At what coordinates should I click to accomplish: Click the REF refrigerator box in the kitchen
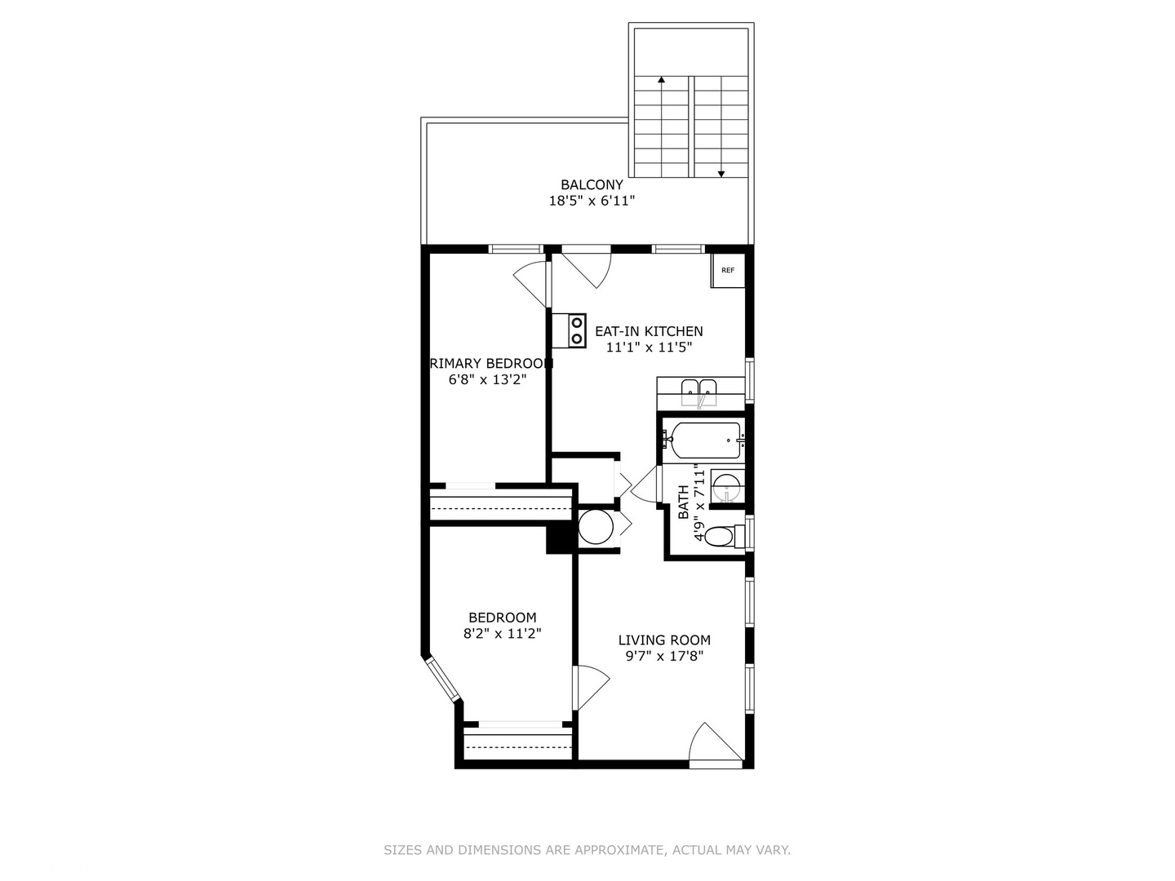(x=727, y=271)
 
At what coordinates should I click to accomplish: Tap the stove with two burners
(x=569, y=330)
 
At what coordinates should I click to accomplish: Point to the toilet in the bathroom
(x=722, y=536)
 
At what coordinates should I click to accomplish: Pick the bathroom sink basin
(x=725, y=488)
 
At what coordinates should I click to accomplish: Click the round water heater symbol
(x=596, y=527)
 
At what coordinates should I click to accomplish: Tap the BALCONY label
(x=592, y=185)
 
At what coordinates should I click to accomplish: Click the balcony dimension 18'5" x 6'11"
(x=592, y=201)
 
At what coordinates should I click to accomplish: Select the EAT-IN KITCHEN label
(x=649, y=331)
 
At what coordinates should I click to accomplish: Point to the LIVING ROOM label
(x=664, y=640)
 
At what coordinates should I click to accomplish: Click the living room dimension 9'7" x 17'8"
(x=664, y=656)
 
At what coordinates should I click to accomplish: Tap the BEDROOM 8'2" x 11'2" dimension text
(x=502, y=633)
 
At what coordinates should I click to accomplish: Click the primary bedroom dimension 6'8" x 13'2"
(x=488, y=379)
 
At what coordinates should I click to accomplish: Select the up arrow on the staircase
(x=661, y=81)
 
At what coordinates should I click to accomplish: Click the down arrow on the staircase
(x=721, y=173)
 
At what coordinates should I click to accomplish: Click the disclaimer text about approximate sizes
(x=587, y=850)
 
